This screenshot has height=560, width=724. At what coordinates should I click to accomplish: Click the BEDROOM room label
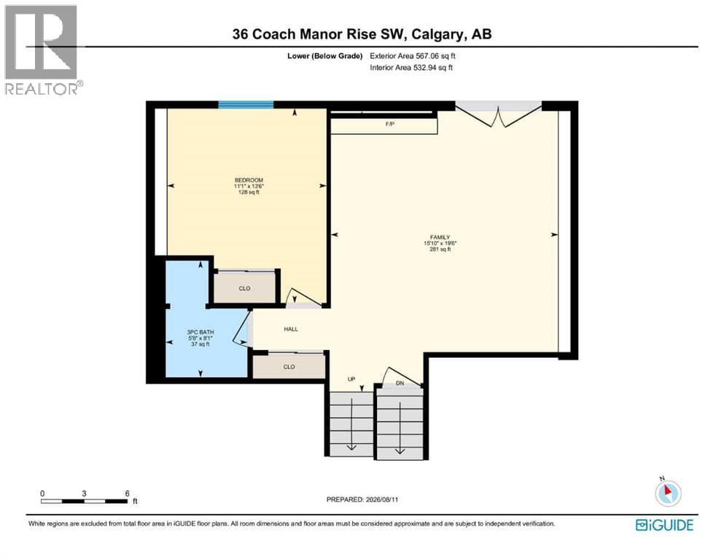[249, 180]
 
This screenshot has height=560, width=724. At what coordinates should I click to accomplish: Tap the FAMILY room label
[440, 237]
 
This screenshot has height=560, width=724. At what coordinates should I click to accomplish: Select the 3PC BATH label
[201, 332]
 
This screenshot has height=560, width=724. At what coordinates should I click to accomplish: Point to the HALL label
[291, 329]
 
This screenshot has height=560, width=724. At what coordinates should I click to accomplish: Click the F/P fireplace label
[390, 124]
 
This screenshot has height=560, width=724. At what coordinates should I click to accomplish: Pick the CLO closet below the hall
[289, 367]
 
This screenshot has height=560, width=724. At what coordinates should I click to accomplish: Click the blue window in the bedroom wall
[246, 104]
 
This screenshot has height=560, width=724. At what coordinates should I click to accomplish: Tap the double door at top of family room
[499, 114]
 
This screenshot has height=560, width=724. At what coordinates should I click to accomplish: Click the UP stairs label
[351, 379]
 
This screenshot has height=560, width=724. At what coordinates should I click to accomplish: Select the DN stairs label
[400, 384]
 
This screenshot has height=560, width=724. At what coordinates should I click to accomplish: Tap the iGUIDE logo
[664, 525]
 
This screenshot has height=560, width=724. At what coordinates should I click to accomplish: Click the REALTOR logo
[43, 50]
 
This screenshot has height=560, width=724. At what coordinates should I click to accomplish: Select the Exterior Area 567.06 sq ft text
[413, 56]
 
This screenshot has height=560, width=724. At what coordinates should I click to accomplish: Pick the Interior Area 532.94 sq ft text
[411, 67]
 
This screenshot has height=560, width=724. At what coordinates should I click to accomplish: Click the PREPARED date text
[362, 499]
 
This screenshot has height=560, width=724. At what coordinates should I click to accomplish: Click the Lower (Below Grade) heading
[325, 56]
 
